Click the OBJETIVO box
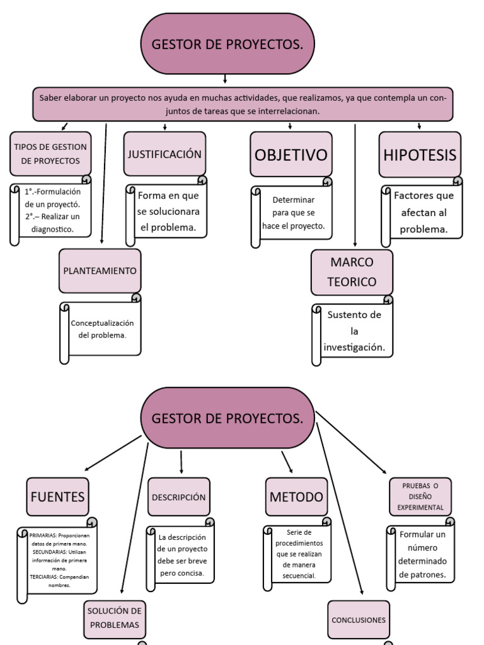tap(291, 154)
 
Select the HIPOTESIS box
tap(420, 154)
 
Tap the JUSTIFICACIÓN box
tap(164, 154)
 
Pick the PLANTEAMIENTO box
tap(100, 271)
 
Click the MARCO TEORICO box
tap(352, 272)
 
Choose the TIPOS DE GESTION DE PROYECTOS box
tap(50, 154)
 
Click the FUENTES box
tap(57, 496)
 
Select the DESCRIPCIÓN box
tap(179, 496)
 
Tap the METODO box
tap(296, 496)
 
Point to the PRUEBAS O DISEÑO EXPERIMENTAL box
tap(420, 496)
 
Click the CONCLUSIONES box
tap(359, 620)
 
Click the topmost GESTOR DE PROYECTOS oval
tap(226, 44)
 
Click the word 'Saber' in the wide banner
tap(50, 98)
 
